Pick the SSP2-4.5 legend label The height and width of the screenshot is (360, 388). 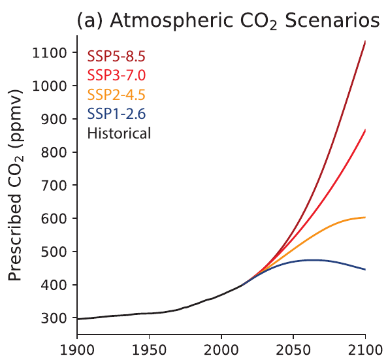(116, 94)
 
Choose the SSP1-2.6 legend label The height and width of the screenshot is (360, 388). (116, 114)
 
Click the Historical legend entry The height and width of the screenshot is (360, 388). (119, 133)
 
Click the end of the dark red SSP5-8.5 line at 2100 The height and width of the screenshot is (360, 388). (364, 42)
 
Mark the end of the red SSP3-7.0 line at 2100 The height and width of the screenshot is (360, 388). (364, 130)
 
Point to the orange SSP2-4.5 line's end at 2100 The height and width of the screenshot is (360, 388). (364, 217)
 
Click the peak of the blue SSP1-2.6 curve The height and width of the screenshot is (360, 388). (314, 260)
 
